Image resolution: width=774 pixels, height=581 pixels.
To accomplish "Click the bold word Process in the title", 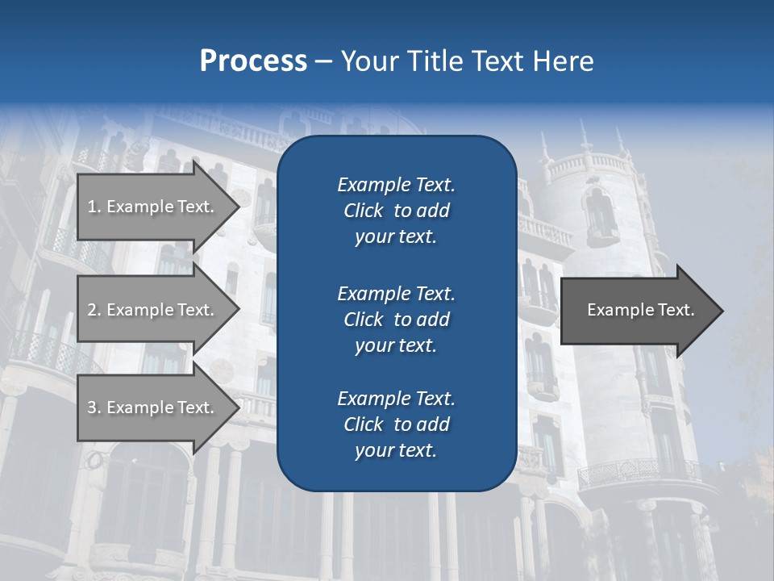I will coord(253,61).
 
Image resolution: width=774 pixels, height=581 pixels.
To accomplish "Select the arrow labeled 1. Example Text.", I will coord(153,207).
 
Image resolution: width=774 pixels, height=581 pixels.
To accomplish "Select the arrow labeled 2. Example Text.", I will coord(153,310).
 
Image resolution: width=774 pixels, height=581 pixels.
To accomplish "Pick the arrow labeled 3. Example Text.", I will coord(153,408).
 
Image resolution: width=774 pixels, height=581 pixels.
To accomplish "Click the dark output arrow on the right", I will coord(637,311).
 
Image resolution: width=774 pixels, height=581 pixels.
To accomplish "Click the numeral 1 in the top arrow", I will coord(91,207).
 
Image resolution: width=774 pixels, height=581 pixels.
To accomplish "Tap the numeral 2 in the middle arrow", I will coord(92,310).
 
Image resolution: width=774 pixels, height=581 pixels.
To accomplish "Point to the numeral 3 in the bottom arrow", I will coord(92,408).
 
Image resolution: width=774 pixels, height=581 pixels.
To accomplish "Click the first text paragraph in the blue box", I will coord(396,211).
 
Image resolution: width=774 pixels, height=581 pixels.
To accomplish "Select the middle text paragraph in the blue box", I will coord(396,320).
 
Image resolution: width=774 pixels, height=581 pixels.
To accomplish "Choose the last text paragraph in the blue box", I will coord(396,424).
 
